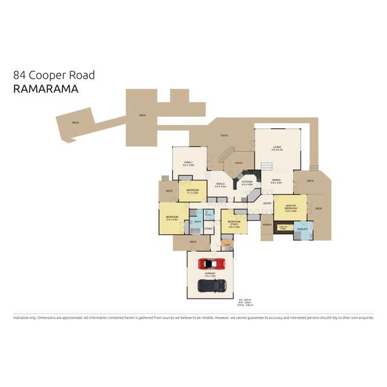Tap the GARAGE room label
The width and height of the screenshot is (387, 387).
pos(210,274)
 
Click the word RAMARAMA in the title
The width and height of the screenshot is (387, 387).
pos(46,89)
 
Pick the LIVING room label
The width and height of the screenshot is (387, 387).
pos(277,147)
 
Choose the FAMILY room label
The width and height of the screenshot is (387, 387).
pos(187,163)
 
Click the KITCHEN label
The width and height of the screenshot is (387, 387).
pos(247,181)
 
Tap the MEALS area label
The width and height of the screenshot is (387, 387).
pos(220,184)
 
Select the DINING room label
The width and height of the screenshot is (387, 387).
pos(276,180)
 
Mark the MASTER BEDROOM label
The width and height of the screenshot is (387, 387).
pos(290,207)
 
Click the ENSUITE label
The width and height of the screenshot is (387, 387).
pos(303,229)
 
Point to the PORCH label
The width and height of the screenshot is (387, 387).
pos(267,224)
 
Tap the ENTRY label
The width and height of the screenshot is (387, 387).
pos(267,203)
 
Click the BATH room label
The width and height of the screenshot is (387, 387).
pos(197,221)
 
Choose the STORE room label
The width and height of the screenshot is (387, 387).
pos(208,229)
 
